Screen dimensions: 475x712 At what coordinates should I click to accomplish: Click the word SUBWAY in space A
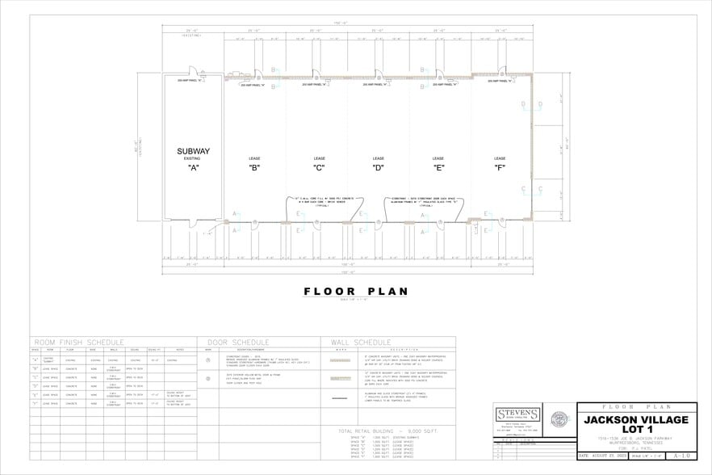pyautogui.click(x=193, y=151)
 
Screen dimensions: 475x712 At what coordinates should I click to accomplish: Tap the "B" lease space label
pyautogui.click(x=254, y=168)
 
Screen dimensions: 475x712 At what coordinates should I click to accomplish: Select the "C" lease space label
pyautogui.click(x=318, y=168)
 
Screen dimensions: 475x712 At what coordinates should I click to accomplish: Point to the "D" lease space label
pyautogui.click(x=378, y=168)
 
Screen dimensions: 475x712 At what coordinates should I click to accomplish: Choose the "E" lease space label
pyautogui.click(x=438, y=168)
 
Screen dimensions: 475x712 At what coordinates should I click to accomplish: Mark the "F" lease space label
pyautogui.click(x=500, y=168)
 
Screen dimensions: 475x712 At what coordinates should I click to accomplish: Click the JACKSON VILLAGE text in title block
pyautogui.click(x=637, y=420)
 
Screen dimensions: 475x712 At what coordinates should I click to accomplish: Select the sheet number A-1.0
pyautogui.click(x=681, y=456)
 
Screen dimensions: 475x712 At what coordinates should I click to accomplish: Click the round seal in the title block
pyautogui.click(x=559, y=420)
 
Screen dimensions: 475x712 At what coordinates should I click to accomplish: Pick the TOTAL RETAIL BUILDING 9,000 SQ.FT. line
pyautogui.click(x=387, y=431)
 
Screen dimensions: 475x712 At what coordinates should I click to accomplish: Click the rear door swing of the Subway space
pyautogui.click(x=193, y=73)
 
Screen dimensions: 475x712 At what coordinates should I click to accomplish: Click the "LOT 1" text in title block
pyautogui.click(x=637, y=431)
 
